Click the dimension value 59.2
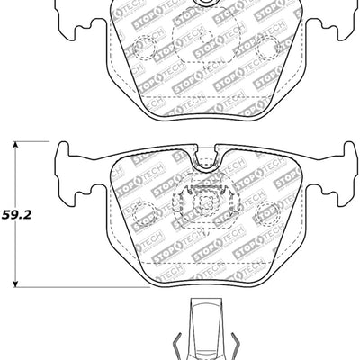13,216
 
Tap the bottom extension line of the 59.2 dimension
72,287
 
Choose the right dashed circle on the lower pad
267,215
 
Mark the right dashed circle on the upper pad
267,49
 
